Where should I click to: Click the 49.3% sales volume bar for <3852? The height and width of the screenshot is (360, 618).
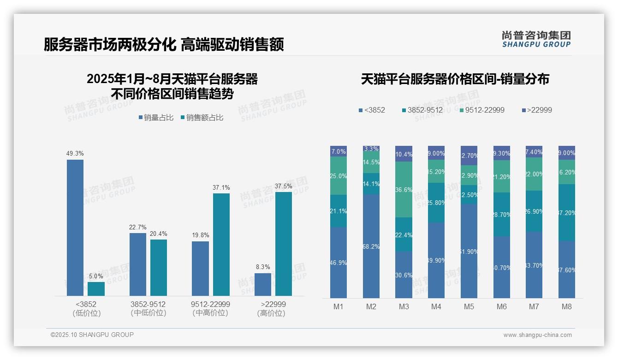click(x=75, y=228)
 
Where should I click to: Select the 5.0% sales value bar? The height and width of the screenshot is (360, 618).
click(x=96, y=289)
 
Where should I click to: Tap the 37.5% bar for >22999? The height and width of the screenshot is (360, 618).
click(x=283, y=244)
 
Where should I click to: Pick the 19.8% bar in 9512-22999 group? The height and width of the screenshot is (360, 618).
click(x=200, y=269)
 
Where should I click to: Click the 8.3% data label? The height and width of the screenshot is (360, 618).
click(x=262, y=267)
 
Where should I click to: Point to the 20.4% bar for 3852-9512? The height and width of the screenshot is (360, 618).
click(x=159, y=268)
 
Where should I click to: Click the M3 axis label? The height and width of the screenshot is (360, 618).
click(x=404, y=306)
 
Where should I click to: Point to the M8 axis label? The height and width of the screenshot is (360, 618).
click(x=566, y=306)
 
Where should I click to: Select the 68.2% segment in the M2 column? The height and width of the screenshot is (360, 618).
click(x=371, y=246)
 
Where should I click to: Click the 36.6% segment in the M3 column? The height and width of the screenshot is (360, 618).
click(x=404, y=189)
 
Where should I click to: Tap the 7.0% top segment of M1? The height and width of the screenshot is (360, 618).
click(x=339, y=151)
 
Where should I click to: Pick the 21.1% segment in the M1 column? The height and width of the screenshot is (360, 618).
click(x=339, y=211)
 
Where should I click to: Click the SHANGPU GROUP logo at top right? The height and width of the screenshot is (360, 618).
click(x=536, y=39)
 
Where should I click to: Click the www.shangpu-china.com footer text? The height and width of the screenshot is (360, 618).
click(x=537, y=335)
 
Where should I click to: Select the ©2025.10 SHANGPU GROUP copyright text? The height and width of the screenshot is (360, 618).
click(x=92, y=335)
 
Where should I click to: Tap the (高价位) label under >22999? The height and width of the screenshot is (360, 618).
click(x=271, y=313)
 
